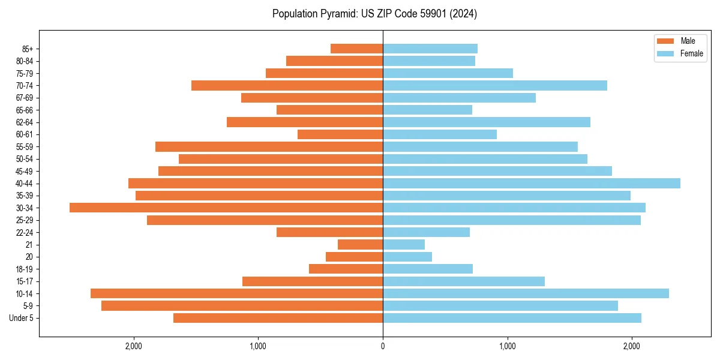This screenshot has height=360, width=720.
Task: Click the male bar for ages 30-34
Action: click(x=226, y=208)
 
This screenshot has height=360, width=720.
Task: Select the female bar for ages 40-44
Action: click(x=532, y=183)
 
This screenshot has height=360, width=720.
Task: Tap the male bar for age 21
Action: click(x=360, y=244)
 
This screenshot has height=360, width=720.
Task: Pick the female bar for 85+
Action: click(x=430, y=49)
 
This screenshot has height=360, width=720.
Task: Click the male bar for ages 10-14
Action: click(x=236, y=293)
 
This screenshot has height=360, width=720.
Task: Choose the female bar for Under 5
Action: click(x=512, y=318)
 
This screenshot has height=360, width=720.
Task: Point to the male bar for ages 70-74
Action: click(x=287, y=85)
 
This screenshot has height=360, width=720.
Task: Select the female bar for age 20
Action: click(x=407, y=257)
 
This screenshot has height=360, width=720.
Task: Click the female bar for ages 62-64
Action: click(x=487, y=122)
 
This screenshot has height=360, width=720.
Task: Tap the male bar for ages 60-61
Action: click(x=340, y=134)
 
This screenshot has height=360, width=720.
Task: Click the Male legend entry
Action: click(x=680, y=41)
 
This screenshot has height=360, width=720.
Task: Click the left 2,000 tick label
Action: click(x=133, y=346)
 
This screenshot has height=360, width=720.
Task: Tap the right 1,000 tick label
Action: click(x=508, y=346)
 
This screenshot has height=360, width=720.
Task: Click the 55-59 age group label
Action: click(x=25, y=146)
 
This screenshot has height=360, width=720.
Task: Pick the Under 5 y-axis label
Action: click(x=22, y=318)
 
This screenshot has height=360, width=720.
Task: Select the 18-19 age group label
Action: click(x=25, y=269)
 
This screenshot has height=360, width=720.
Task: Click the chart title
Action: click(x=374, y=13)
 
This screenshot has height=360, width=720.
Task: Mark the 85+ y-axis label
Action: click(x=27, y=49)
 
